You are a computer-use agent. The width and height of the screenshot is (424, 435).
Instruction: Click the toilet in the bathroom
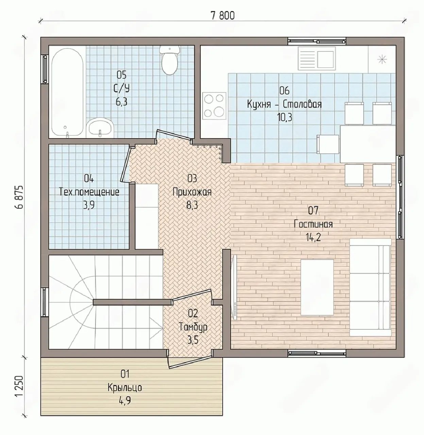coord(170,60)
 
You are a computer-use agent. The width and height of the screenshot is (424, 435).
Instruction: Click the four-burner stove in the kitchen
coord(214,106)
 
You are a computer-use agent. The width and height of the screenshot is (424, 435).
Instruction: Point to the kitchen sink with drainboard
coord(317,58)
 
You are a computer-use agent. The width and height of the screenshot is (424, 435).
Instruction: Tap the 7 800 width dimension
coord(223,16)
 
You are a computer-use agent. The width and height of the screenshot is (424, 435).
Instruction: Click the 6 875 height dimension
coord(19,197)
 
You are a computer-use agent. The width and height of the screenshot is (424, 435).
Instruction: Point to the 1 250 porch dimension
coord(19,389)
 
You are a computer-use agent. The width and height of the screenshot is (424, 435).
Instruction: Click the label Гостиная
coord(313,224)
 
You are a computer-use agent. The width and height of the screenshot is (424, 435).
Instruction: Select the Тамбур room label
coord(193,327)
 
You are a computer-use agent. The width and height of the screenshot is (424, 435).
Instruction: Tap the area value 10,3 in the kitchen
coord(285,117)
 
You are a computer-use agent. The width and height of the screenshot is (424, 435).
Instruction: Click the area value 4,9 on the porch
coord(125,400)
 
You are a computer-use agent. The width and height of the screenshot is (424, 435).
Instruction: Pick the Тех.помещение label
coord(89,192)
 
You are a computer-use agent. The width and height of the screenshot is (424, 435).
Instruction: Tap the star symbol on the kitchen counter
coord(382,59)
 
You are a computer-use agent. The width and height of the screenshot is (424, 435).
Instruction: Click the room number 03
coord(192,178)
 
